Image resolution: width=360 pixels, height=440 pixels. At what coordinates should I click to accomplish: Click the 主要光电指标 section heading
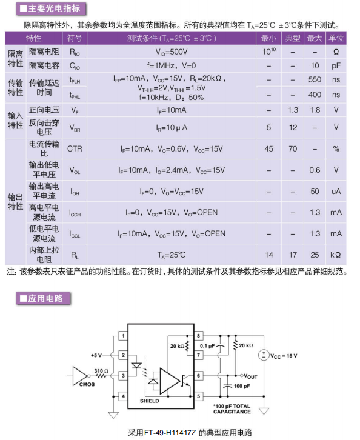[51, 8]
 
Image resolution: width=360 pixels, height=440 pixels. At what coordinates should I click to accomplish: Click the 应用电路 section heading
[43, 298]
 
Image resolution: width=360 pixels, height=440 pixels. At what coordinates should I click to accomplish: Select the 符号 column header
[75, 38]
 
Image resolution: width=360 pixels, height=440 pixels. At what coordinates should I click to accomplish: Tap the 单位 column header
[336, 38]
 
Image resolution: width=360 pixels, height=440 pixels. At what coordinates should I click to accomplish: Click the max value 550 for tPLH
[315, 79]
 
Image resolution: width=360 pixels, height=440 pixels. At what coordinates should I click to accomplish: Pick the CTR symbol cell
[75, 148]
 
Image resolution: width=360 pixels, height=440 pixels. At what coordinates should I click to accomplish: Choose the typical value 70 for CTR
[293, 148]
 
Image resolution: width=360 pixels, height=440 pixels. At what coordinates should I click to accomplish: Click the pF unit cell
[336, 66]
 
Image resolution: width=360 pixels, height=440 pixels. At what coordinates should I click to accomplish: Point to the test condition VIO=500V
[172, 52]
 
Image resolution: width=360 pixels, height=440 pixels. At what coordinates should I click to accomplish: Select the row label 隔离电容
[44, 65]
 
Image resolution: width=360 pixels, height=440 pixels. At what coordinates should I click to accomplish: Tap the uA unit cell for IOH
[336, 192]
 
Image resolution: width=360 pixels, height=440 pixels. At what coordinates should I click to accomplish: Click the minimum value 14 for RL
[269, 255]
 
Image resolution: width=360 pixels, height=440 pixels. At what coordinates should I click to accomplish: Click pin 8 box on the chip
[198, 336]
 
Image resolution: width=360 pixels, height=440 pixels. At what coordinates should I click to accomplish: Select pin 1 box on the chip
[123, 336]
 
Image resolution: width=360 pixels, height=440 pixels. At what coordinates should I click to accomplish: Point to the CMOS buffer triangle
[80, 376]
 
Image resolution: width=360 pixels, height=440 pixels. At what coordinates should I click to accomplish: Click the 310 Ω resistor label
[101, 371]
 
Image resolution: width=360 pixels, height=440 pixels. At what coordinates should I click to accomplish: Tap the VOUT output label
[250, 376]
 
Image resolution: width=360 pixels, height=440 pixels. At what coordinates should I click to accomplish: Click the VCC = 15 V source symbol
[264, 355]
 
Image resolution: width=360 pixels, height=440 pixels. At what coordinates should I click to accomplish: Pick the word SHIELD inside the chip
[150, 401]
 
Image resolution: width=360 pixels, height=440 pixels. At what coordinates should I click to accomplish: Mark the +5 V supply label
[96, 355]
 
